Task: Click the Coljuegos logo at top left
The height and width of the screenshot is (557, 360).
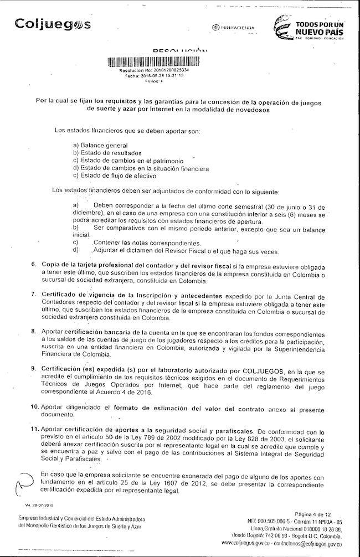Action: (53, 25)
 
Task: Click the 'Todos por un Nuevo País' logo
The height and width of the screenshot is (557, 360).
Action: (310, 27)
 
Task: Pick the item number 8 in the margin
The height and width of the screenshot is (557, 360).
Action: (34, 332)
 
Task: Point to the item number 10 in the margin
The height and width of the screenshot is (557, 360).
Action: (34, 407)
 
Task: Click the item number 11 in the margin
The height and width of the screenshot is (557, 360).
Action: (34, 429)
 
